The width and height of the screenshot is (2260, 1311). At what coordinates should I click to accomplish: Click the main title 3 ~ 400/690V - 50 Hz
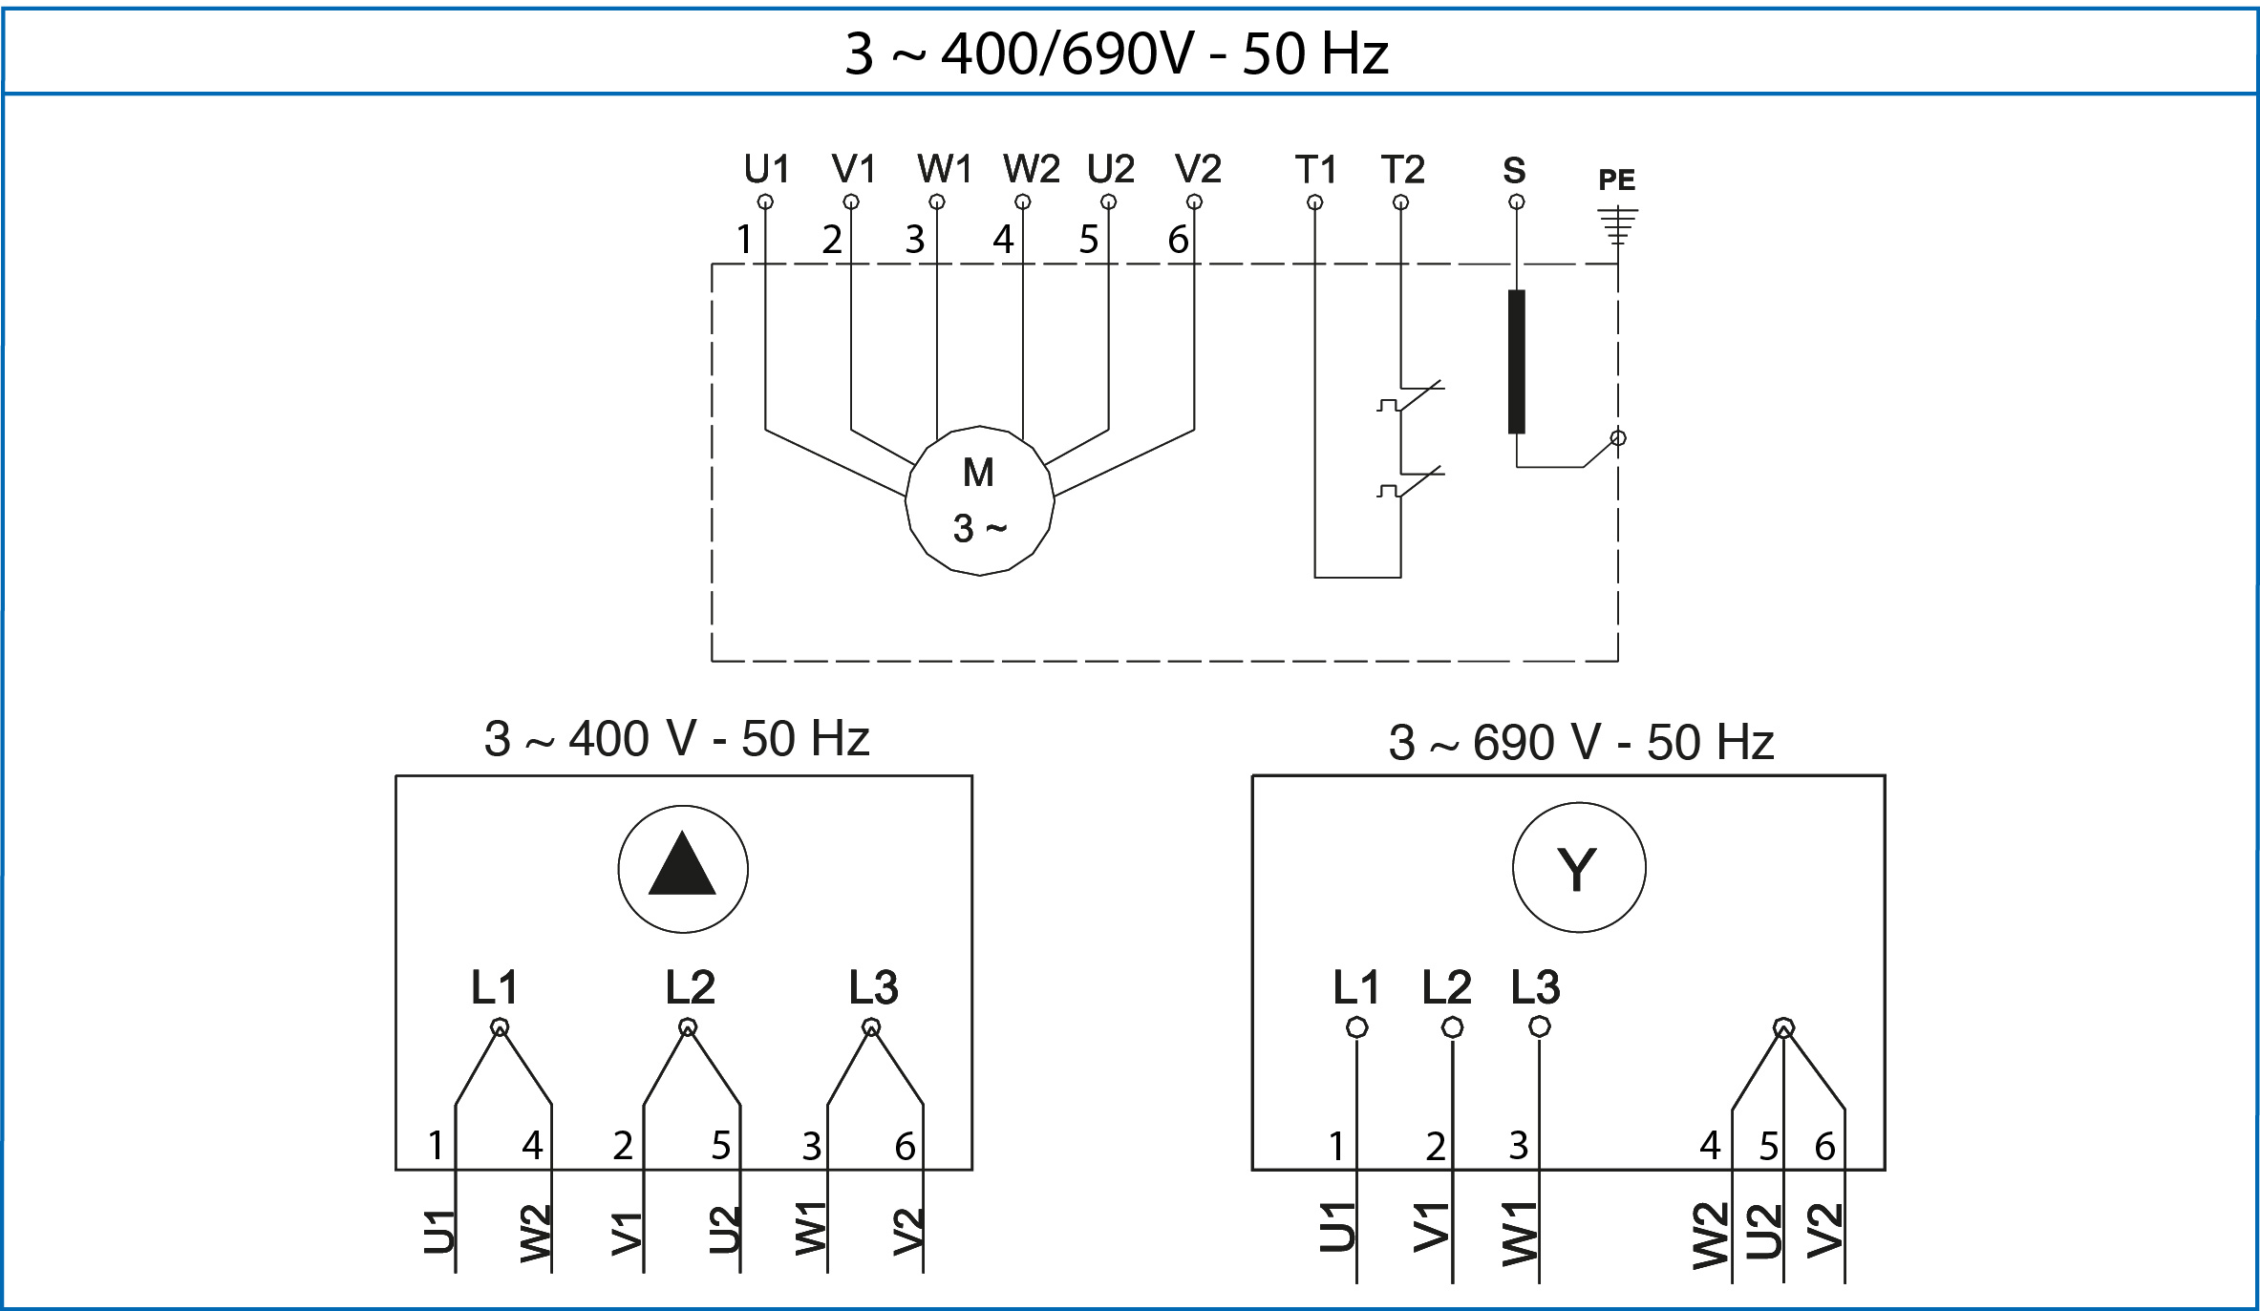(1116, 53)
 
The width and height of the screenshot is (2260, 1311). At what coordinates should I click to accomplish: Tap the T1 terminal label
(1315, 170)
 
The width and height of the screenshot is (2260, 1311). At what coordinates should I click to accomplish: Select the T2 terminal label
(1402, 170)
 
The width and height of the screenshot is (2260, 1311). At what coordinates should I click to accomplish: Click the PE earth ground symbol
(1617, 225)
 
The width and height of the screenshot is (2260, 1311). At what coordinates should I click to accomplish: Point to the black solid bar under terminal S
(1517, 361)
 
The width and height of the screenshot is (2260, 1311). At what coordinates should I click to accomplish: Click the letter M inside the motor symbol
(978, 473)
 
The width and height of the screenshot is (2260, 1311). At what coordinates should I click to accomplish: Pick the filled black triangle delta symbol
(682, 864)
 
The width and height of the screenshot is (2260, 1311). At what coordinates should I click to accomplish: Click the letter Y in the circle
(1577, 869)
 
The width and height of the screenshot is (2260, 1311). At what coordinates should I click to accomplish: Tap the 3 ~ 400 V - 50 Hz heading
(676, 739)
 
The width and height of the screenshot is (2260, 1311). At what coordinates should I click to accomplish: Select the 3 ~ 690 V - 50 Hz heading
(1581, 743)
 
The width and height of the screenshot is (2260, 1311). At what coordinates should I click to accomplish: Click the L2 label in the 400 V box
(690, 987)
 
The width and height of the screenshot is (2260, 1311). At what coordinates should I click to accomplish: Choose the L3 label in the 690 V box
(1535, 987)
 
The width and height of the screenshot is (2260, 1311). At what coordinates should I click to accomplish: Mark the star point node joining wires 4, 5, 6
(1783, 1028)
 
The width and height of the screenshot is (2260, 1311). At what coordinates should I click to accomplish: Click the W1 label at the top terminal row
(944, 170)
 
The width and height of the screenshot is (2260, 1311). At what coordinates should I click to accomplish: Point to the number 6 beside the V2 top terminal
(1178, 240)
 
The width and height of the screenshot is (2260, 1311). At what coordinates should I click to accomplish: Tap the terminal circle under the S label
(1517, 202)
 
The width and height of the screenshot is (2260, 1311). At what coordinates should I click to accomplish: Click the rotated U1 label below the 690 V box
(1337, 1228)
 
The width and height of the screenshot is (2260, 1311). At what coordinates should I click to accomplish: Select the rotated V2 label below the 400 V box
(907, 1232)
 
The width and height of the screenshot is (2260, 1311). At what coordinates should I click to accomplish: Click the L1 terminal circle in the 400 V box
(500, 1027)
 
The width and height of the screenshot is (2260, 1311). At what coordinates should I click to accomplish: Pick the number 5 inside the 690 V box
(1769, 1146)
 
